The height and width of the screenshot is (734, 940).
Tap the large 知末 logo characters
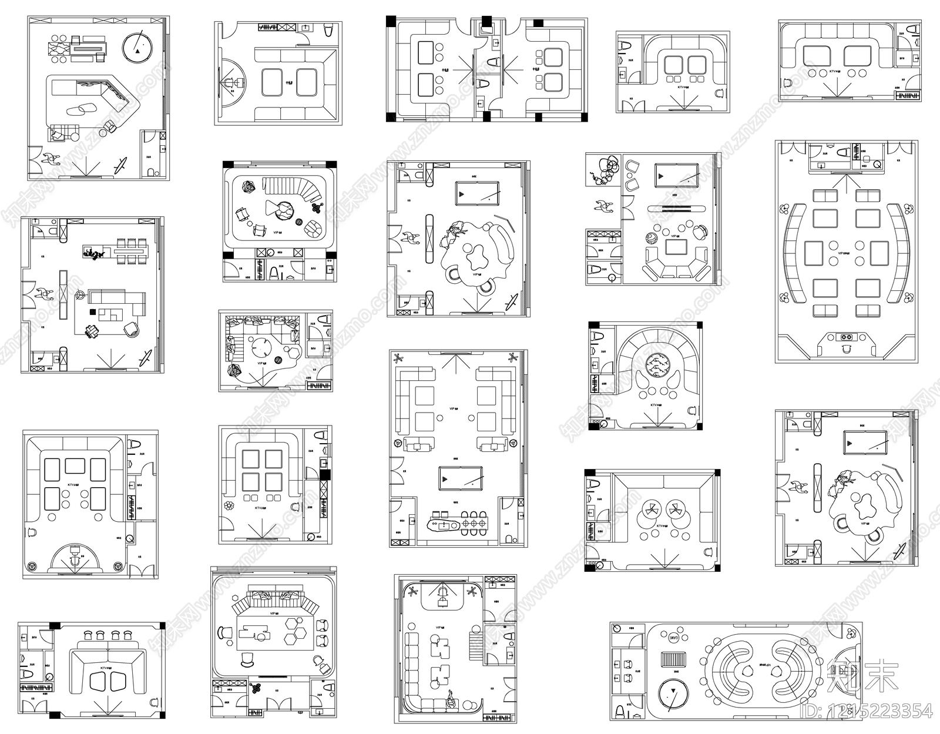pos(861,676)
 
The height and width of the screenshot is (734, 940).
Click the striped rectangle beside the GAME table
pos(674,659)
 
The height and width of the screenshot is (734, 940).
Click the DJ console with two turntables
pos(847,338)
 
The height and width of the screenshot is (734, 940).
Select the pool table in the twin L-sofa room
pos(460,478)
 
